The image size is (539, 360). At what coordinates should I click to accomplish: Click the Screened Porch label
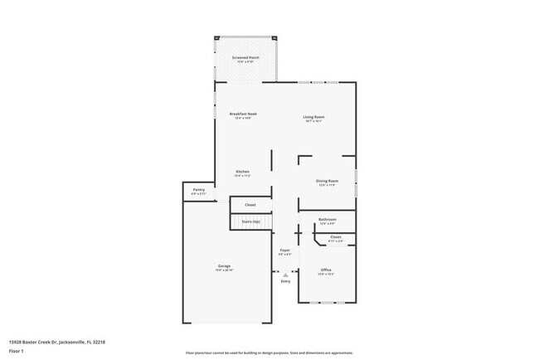click(245, 57)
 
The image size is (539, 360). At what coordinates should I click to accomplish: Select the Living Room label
click(313, 117)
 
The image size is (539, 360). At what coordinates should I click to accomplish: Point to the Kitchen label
click(242, 172)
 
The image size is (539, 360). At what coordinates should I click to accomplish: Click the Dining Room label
click(327, 181)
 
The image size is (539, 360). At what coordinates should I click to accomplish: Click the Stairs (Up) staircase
click(250, 221)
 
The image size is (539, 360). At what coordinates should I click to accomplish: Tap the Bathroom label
click(327, 220)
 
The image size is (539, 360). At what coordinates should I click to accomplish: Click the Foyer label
click(284, 250)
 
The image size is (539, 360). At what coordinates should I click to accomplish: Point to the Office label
click(326, 270)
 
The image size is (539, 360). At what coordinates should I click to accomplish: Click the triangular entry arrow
click(285, 274)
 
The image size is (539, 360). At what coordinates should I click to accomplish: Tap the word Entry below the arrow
click(285, 281)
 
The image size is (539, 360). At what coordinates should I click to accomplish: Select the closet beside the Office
click(335, 239)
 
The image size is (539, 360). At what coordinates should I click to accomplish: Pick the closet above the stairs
click(250, 204)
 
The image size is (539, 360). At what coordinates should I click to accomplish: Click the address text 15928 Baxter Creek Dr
click(56, 341)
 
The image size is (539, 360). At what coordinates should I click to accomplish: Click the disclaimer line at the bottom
click(269, 353)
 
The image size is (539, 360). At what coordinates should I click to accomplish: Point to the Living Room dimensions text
click(313, 121)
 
